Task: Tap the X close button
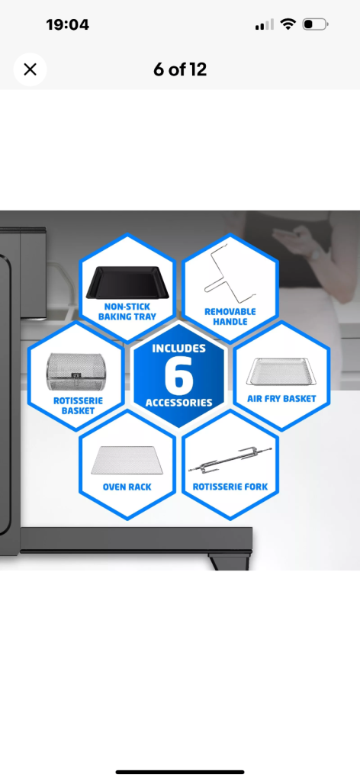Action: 30,69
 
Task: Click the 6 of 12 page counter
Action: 180,69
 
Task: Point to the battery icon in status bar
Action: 315,24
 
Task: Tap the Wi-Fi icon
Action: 288,24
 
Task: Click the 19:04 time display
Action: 67,24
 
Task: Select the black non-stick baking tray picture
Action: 127,282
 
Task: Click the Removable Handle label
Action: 230,317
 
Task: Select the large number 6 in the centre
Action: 178,376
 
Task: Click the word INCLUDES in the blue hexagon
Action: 178,348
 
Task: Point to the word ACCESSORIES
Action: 178,403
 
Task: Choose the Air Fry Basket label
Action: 282,398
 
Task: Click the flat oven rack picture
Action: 127,460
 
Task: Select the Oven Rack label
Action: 127,487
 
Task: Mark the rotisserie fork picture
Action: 230,461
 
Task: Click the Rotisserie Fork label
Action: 230,487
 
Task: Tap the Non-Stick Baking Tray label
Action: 127,311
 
